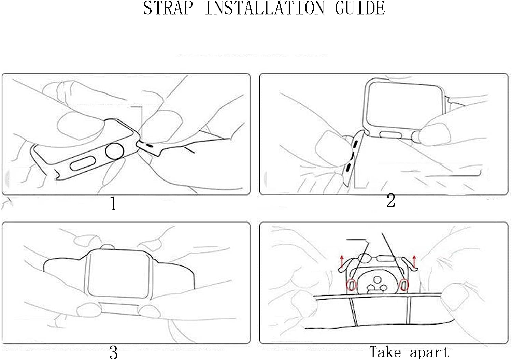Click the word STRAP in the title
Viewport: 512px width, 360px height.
[168, 8]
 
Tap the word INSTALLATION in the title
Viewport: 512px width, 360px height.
[265, 8]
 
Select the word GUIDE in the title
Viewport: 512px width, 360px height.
[360, 8]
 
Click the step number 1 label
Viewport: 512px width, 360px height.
[114, 203]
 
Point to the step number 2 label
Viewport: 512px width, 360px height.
[390, 200]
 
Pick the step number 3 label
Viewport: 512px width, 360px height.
[113, 352]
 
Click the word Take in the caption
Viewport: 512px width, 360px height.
[385, 352]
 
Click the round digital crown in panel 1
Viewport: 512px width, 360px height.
[114, 151]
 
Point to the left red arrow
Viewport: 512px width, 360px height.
[342, 261]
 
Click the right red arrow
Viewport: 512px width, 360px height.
[414, 261]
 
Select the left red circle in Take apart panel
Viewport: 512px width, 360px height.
[352, 285]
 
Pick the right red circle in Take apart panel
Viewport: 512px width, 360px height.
[404, 285]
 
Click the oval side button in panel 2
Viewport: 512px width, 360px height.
[390, 135]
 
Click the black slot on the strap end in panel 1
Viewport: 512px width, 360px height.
[150, 145]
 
